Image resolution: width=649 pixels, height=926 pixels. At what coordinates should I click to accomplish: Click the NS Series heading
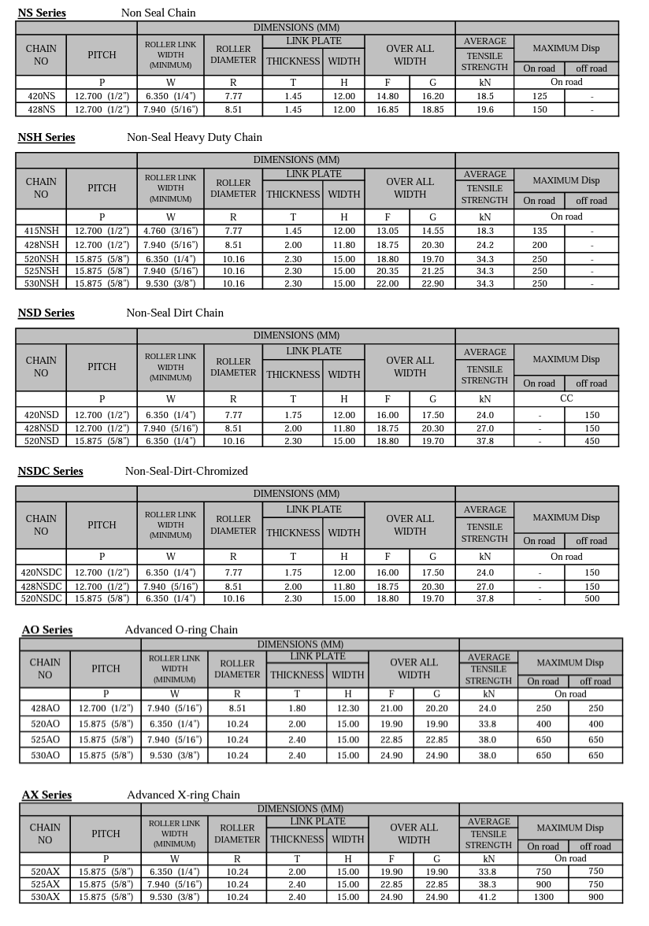[42, 13]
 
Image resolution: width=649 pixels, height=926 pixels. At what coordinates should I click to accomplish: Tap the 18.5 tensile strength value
[485, 96]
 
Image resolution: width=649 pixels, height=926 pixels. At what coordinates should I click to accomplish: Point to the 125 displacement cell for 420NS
[540, 96]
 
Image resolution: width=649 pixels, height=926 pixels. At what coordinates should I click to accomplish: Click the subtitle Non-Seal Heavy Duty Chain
[195, 137]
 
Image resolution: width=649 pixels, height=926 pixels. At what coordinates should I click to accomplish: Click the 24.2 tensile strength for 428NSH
[485, 245]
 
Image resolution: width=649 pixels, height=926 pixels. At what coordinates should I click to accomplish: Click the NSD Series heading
[46, 313]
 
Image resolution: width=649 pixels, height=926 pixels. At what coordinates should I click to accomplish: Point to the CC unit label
[566, 398]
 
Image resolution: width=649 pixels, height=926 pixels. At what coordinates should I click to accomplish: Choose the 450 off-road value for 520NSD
[592, 442]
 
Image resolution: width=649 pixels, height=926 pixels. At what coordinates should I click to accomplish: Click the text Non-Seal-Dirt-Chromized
[187, 471]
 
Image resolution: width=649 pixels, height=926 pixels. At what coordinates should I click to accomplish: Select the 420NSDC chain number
[41, 572]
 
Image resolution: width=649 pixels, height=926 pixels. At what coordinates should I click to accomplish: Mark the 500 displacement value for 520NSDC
[592, 599]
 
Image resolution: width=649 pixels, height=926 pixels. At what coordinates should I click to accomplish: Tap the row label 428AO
[45, 708]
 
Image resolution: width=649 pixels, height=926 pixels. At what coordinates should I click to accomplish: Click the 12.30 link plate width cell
[348, 708]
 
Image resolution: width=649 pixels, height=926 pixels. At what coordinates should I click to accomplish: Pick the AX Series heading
[46, 795]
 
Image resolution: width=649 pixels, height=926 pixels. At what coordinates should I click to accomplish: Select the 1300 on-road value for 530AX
[543, 897]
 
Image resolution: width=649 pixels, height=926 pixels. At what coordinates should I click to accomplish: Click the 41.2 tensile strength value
[489, 897]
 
